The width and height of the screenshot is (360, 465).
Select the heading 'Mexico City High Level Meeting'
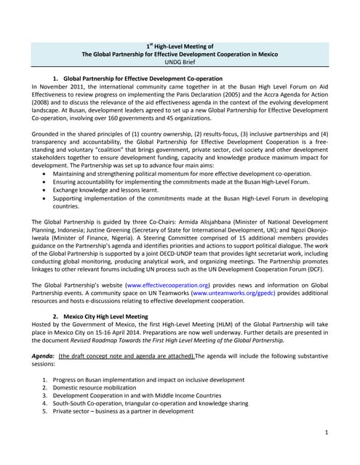pyautogui.click(x=116, y=316)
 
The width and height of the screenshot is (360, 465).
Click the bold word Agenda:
pyautogui.click(x=44, y=356)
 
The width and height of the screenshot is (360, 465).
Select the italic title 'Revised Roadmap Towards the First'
pyautogui.click(x=138, y=339)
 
